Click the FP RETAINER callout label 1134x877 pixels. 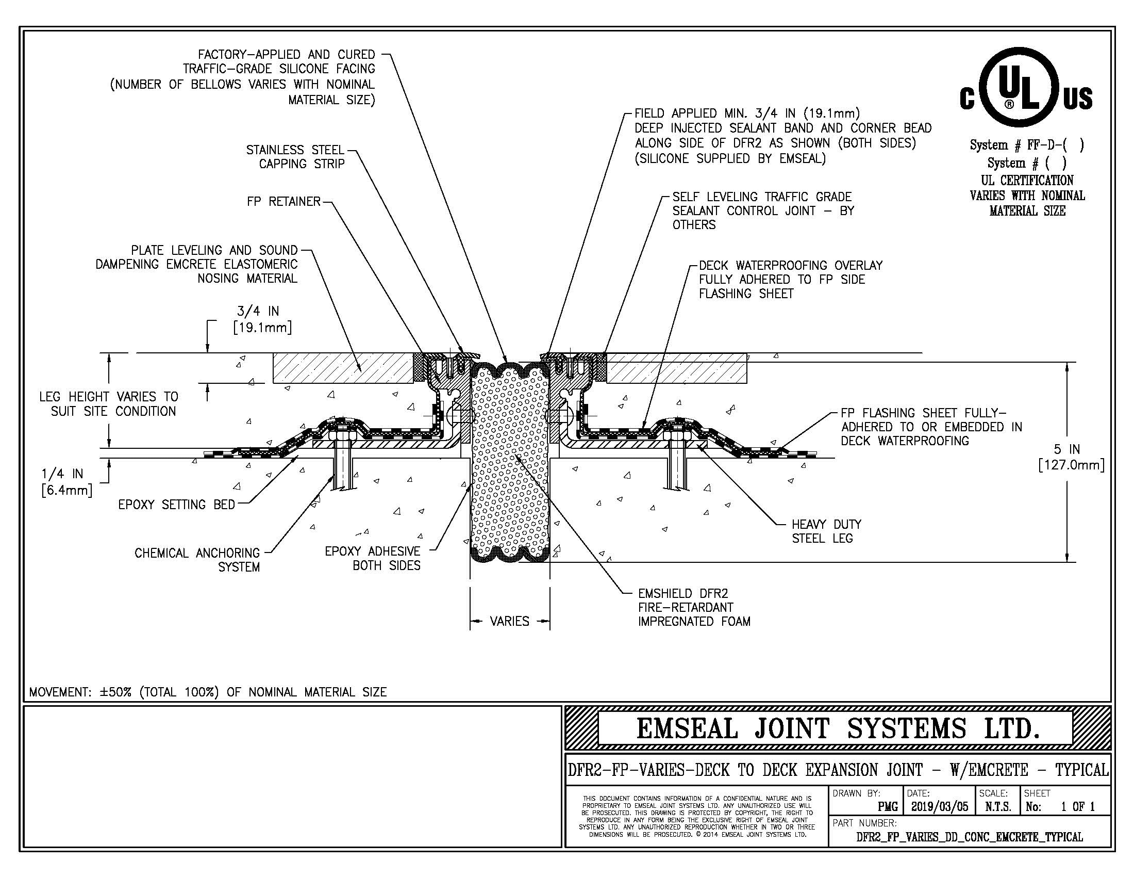283,202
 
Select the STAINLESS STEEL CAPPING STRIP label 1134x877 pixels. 295,157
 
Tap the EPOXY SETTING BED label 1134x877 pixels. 176,505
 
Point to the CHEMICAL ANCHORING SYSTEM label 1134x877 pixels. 197,560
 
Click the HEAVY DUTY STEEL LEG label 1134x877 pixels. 827,531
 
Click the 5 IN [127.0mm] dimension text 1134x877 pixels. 1071,457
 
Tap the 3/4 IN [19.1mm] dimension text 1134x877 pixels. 262,319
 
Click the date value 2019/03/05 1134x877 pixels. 939,807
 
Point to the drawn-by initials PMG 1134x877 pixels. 888,807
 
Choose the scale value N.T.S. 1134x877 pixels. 998,807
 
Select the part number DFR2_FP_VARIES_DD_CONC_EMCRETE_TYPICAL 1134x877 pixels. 970,837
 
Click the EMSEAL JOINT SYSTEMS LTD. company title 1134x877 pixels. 838,728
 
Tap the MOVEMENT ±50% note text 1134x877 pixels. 208,692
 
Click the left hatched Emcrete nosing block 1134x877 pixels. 343,368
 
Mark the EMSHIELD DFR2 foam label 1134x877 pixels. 694,607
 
